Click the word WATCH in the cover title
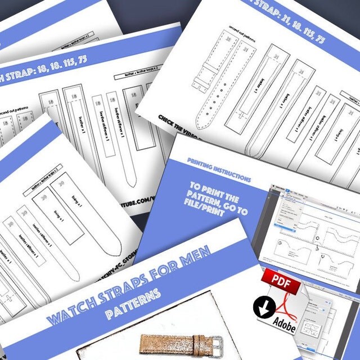tap(67, 312)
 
